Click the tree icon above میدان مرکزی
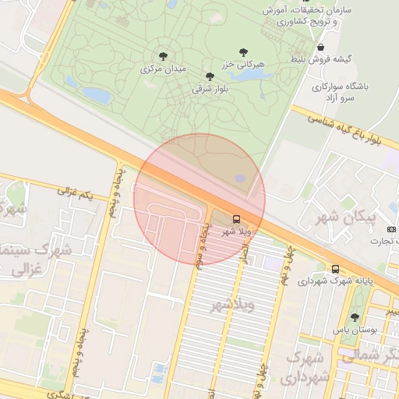pos(163,56)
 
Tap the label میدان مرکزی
pos(164,69)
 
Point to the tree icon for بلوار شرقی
pos(209,76)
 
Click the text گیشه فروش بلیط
pos(339,58)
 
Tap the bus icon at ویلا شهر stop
pos(237,219)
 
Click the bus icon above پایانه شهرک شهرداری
pos(335,269)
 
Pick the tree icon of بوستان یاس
pos(355,317)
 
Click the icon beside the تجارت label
pos(391,228)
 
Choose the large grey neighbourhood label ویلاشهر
pos(233,304)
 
